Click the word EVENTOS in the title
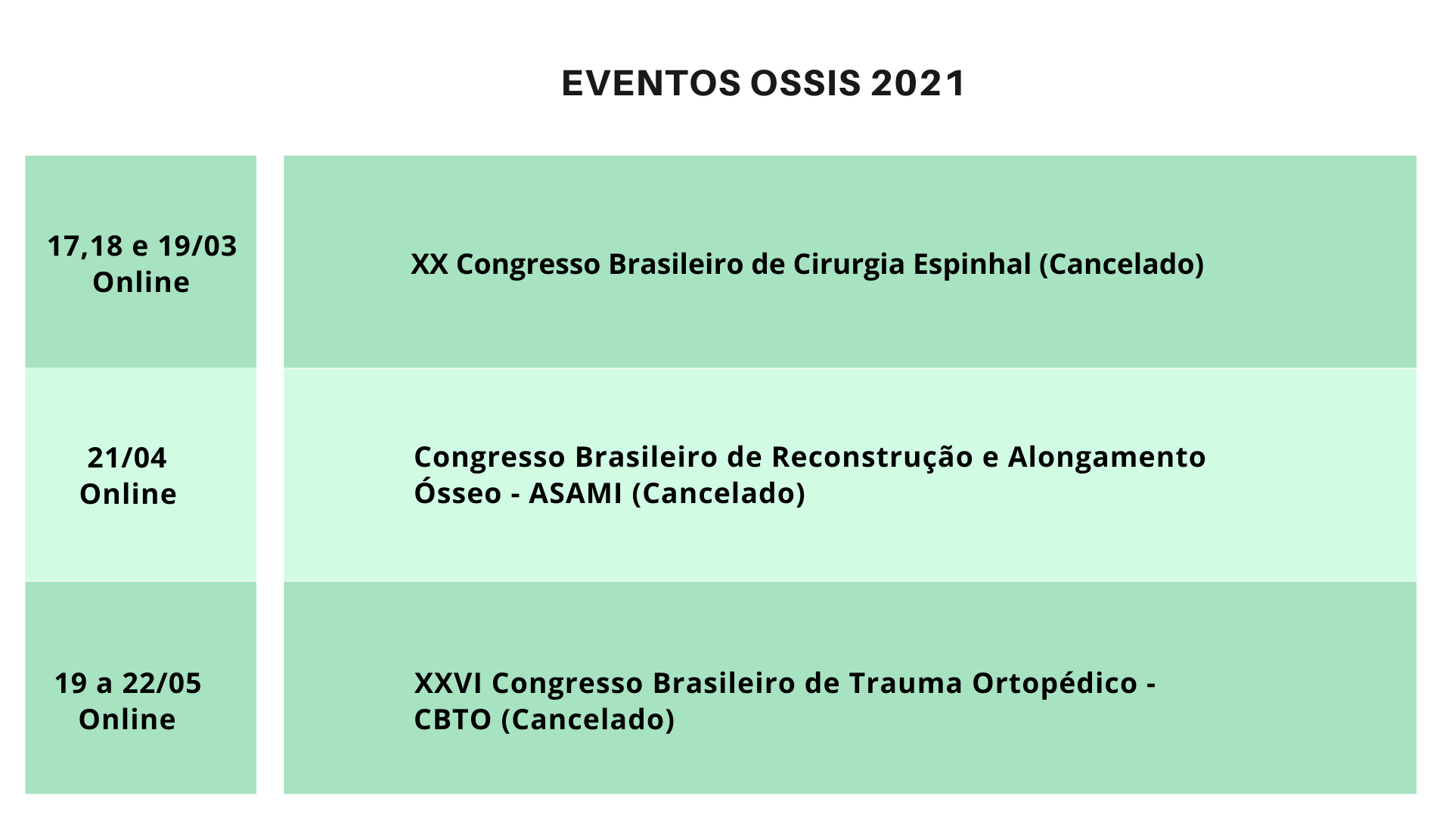coord(651,83)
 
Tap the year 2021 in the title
coord(918,83)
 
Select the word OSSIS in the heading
coord(805,83)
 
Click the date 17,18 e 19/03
coord(142,247)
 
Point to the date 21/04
coord(127,458)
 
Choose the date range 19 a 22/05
coord(128,683)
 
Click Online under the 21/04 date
coord(128,494)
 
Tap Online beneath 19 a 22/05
coord(127,719)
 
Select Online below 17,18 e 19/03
coord(141,282)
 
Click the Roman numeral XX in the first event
coord(430,264)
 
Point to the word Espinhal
coord(973,265)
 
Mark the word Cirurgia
coord(849,265)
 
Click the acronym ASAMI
coord(576,493)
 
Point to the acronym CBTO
coord(453,719)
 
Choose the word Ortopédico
coord(1055,684)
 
